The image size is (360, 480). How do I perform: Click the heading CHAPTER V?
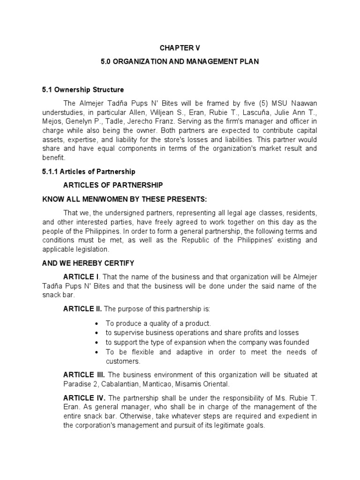click(180, 47)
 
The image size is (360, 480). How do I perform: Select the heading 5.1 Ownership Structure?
click(83, 90)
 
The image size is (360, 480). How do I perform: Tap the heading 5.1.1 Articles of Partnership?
click(89, 172)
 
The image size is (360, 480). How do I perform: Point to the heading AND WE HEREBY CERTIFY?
click(88, 263)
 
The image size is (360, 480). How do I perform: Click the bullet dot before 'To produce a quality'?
click(96, 324)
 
